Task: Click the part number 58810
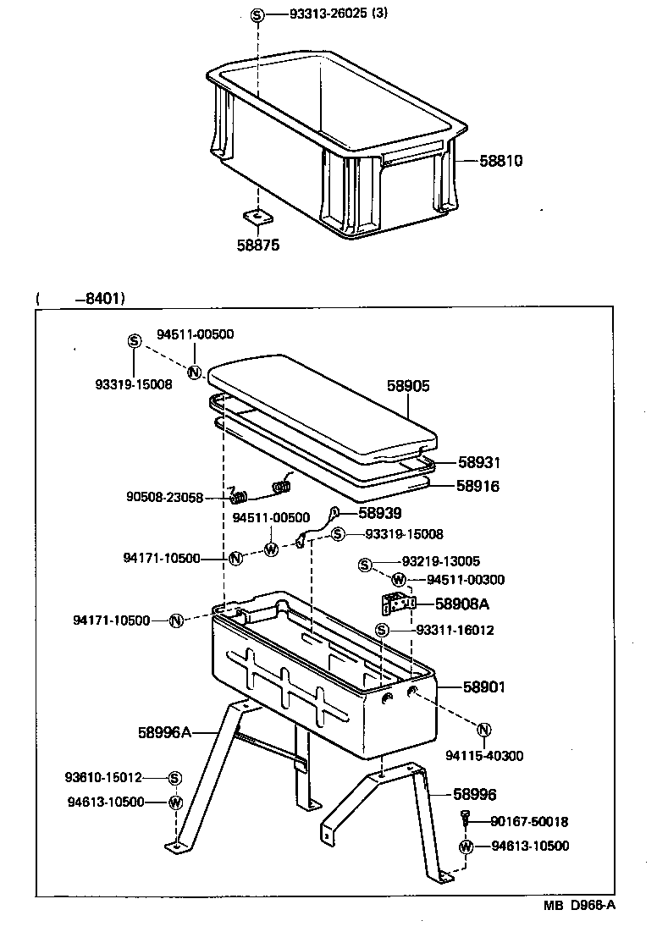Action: coord(500,160)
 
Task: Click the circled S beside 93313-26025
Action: coord(257,14)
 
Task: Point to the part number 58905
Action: coord(408,386)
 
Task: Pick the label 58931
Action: coord(479,462)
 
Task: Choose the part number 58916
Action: coord(478,486)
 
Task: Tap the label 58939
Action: coord(380,512)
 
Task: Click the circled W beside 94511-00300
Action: coord(399,580)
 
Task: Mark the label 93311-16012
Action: coord(455,630)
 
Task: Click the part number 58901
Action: coord(483,687)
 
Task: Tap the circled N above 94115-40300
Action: coord(484,730)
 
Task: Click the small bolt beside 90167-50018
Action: coord(466,819)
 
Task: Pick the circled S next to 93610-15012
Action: coord(174,778)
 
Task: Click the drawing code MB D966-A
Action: coord(579,928)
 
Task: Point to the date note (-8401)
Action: coord(80,298)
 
